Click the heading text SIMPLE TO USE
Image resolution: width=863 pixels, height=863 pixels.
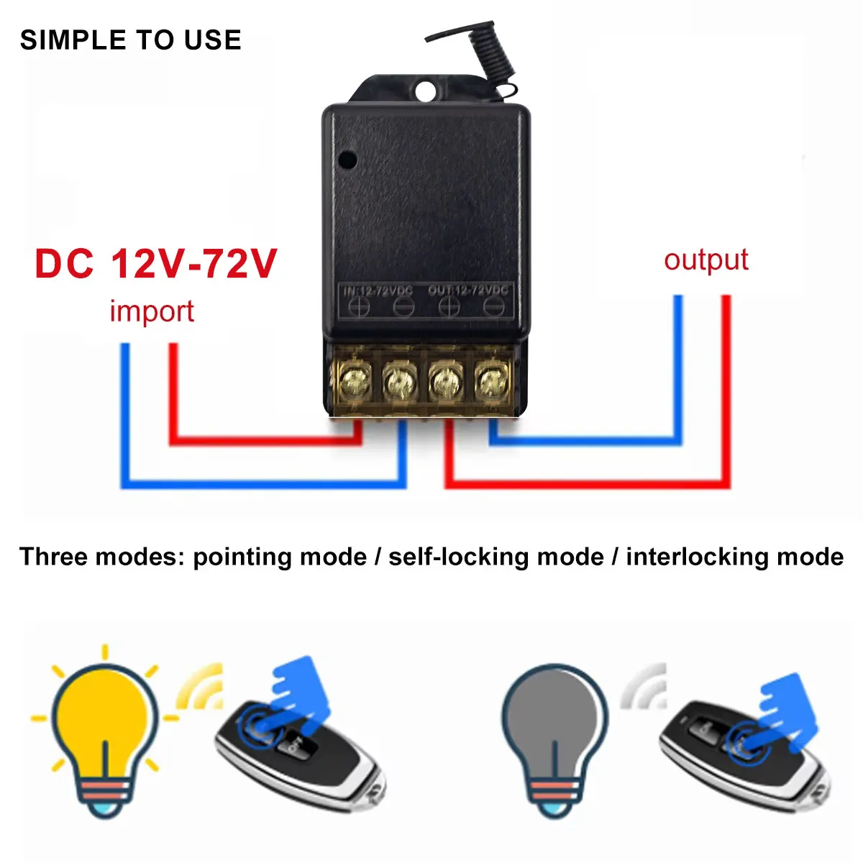tap(130, 40)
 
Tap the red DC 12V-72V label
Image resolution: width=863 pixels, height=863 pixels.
tap(155, 263)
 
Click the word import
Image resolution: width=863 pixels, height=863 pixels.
tap(152, 311)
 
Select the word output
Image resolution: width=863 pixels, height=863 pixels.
tap(706, 260)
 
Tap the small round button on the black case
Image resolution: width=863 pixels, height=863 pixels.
tap(348, 157)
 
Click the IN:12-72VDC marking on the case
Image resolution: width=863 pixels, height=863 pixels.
tap(378, 291)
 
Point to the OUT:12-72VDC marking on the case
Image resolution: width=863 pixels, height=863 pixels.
tap(468, 291)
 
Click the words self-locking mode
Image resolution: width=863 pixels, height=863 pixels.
tap(496, 557)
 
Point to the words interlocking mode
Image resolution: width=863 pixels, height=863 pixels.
tap(734, 557)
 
